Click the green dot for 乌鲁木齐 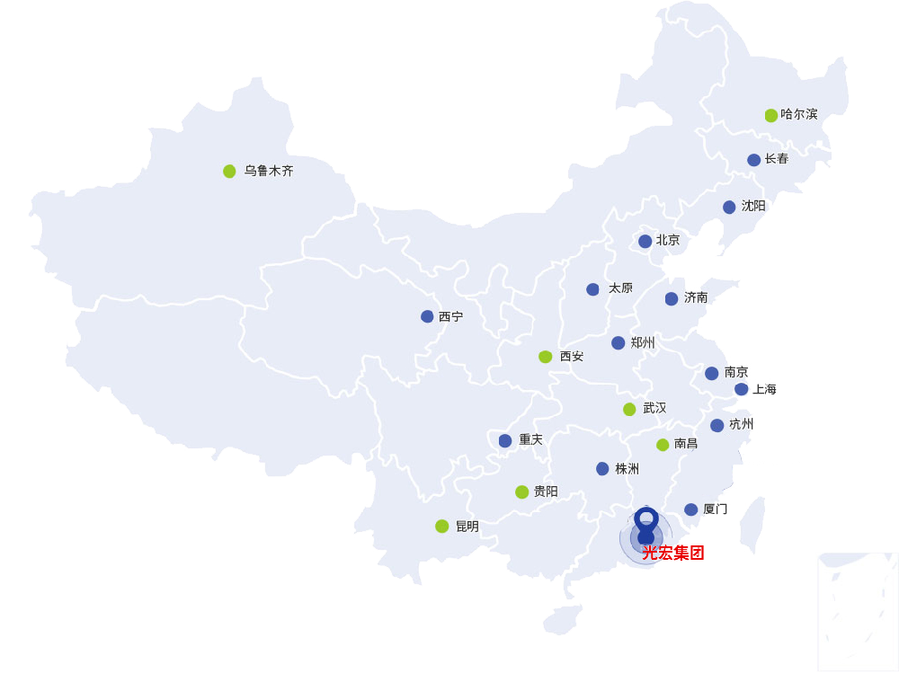click(229, 171)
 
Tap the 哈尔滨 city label click(799, 114)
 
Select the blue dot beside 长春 click(753, 160)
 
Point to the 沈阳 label click(753, 206)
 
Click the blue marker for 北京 click(645, 241)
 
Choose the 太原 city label click(620, 288)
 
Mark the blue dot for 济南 click(672, 298)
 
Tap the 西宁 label click(450, 316)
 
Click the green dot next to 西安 click(545, 357)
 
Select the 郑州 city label click(643, 342)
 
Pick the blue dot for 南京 click(711, 373)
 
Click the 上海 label click(764, 389)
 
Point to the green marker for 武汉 click(629, 409)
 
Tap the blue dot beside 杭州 click(717, 425)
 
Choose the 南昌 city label click(686, 444)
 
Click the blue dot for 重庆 click(505, 440)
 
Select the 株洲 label click(628, 468)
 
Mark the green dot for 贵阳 click(521, 491)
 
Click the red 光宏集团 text click(672, 553)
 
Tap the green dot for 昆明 click(441, 526)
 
